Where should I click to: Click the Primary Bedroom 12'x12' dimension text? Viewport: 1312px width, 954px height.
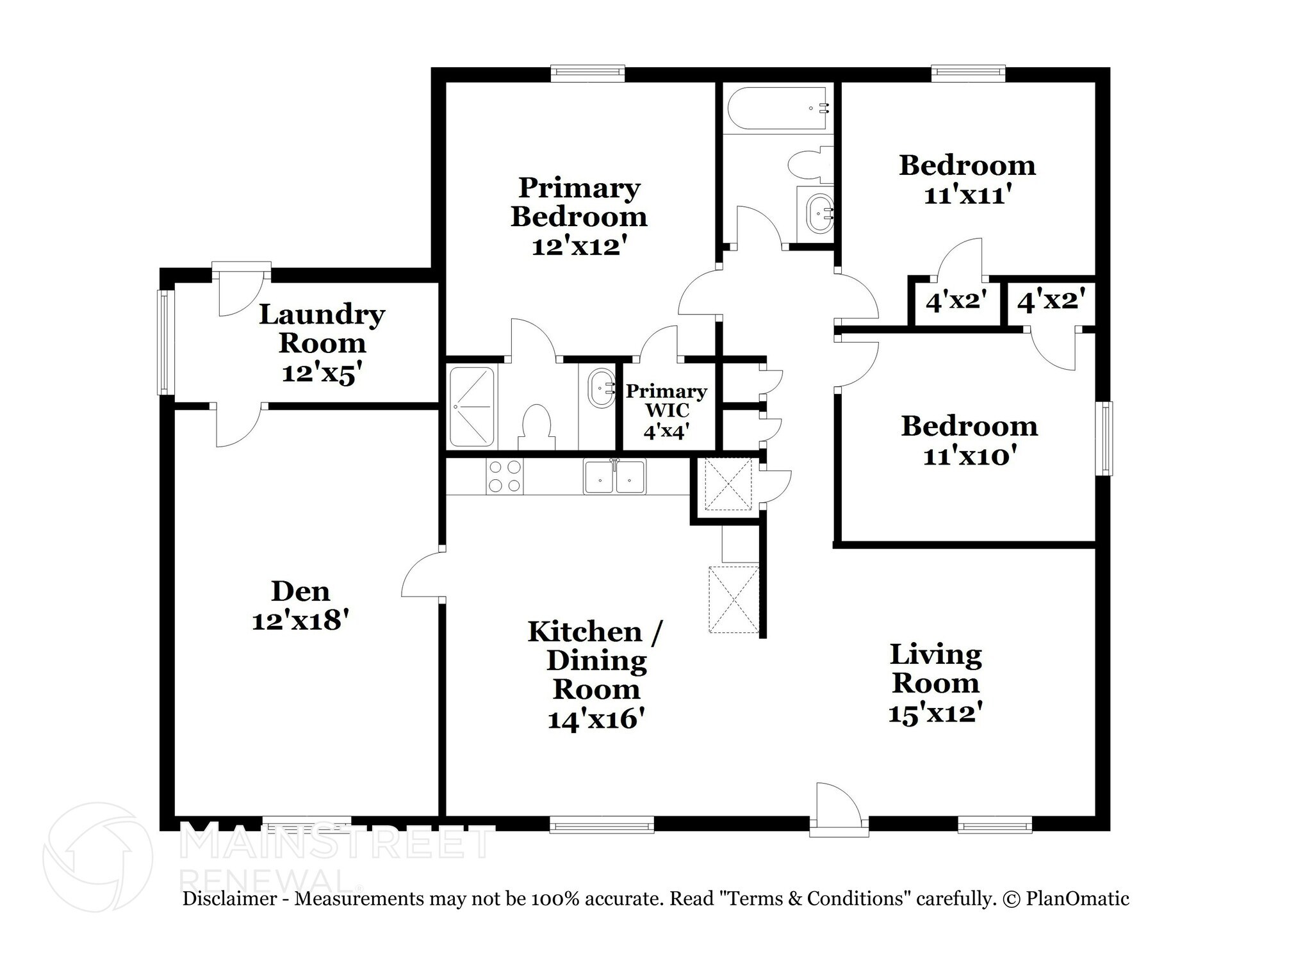[x=578, y=246]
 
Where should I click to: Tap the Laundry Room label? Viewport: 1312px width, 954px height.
[x=322, y=328]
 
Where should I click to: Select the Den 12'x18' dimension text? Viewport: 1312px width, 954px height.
[x=300, y=620]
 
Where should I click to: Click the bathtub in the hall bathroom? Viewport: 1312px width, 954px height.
[x=778, y=109]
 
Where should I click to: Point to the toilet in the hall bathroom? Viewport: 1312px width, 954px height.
[x=808, y=163]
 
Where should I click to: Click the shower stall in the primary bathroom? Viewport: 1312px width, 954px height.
[x=472, y=407]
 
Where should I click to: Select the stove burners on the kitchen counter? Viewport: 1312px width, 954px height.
[x=504, y=477]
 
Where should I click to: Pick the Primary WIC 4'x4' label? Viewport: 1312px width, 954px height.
[x=666, y=411]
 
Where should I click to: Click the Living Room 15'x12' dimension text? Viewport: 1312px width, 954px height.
[x=935, y=712]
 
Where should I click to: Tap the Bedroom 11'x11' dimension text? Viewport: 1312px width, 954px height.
[x=967, y=195]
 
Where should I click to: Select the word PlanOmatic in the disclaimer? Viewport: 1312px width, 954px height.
[x=1078, y=899]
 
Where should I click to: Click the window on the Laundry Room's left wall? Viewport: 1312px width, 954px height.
[x=165, y=342]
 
